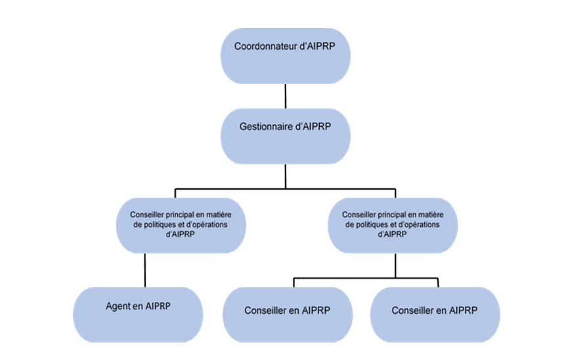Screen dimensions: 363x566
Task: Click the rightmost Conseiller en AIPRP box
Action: click(435, 314)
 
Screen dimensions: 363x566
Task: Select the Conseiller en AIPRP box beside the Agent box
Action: click(287, 314)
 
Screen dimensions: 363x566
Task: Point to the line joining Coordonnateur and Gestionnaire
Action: click(284, 96)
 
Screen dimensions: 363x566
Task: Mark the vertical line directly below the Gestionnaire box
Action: click(284, 176)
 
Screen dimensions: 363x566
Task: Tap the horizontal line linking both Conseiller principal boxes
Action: click(284, 188)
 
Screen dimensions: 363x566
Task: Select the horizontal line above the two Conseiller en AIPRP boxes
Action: click(366, 279)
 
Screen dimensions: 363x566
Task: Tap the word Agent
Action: click(118, 306)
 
